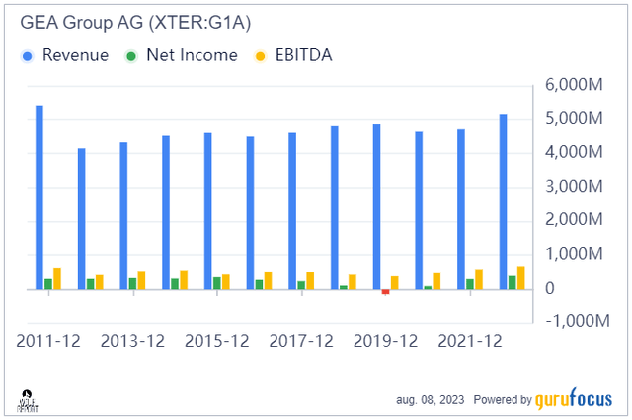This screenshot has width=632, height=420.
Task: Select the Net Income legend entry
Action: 182,55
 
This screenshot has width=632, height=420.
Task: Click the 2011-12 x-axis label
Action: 48,341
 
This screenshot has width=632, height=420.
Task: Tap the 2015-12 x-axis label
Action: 216,341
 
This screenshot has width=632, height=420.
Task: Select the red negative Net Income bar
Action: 386,292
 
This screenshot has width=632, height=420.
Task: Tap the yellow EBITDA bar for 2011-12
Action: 57,278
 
